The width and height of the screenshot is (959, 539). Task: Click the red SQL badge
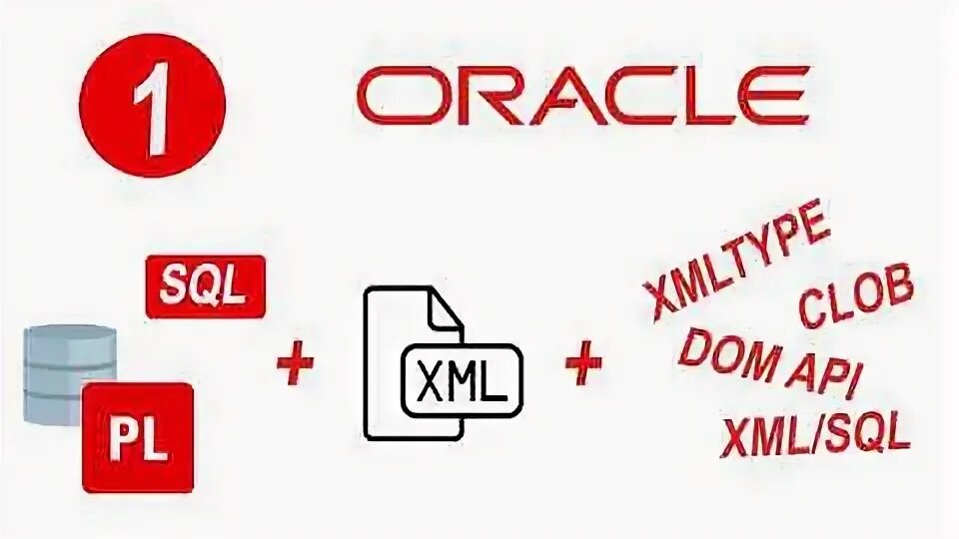pyautogui.click(x=206, y=286)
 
